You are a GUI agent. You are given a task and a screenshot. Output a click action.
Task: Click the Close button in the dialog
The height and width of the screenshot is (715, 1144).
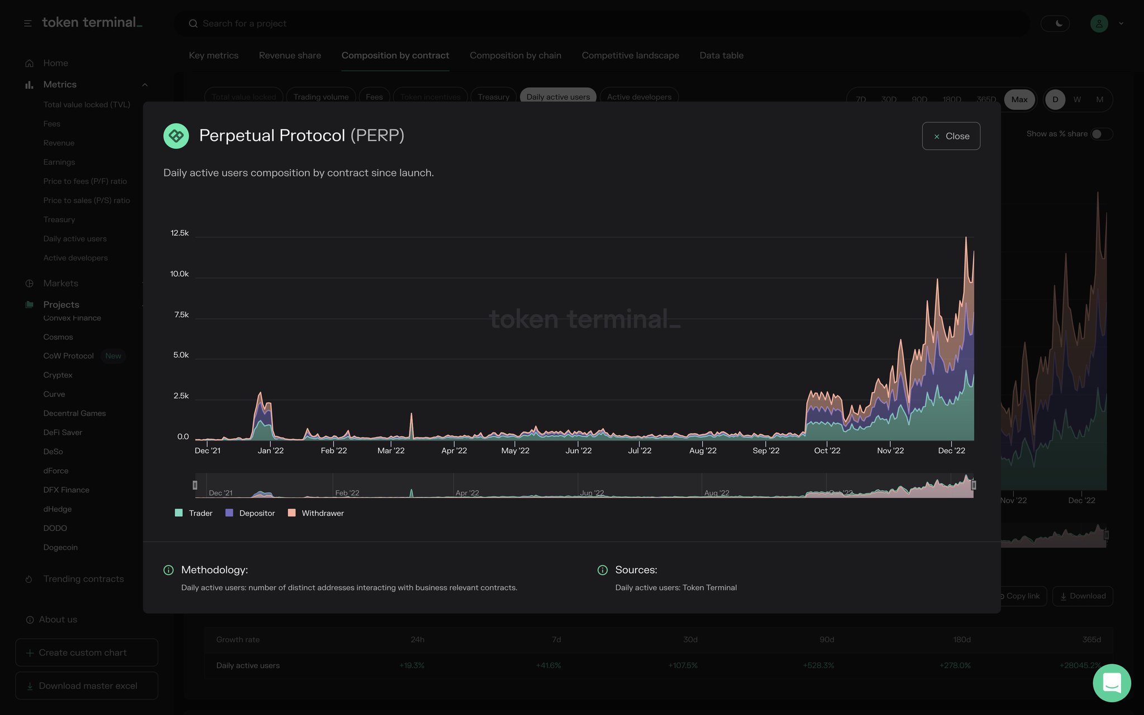[x=951, y=136]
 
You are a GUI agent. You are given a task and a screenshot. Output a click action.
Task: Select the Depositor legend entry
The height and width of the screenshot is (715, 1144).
[x=250, y=513]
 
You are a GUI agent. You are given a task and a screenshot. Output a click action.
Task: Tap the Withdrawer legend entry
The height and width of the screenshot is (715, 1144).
[x=316, y=513]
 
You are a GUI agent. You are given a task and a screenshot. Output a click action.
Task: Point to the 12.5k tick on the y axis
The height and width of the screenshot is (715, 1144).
[x=179, y=233]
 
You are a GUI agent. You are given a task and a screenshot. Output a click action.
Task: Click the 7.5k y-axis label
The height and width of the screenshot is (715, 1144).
[x=181, y=314]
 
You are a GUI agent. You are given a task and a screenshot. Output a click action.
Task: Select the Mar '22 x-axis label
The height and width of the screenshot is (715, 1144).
[x=390, y=450]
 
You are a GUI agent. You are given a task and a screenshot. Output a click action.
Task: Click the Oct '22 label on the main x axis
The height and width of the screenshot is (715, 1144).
[x=827, y=450]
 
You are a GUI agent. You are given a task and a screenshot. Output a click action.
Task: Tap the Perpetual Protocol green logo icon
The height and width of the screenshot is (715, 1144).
[x=176, y=136]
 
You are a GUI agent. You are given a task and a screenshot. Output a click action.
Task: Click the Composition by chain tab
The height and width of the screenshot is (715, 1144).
[x=515, y=55]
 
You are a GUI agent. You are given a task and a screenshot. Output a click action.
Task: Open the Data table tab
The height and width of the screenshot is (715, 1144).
[x=721, y=55]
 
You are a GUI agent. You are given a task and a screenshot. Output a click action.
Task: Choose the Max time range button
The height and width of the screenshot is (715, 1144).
[x=1019, y=99]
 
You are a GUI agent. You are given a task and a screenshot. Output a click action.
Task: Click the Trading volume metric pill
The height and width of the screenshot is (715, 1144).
[x=321, y=97]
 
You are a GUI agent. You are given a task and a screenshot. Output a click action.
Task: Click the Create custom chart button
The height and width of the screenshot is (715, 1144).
[x=87, y=652]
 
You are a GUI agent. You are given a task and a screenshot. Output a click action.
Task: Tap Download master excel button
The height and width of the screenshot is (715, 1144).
[x=87, y=685]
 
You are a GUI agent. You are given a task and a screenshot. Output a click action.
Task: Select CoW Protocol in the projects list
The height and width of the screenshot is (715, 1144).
[x=68, y=356]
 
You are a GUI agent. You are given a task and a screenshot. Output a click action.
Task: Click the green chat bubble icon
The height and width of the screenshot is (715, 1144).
[x=1112, y=683]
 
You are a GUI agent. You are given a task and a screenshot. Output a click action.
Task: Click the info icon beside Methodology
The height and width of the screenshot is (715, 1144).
[x=168, y=570]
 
